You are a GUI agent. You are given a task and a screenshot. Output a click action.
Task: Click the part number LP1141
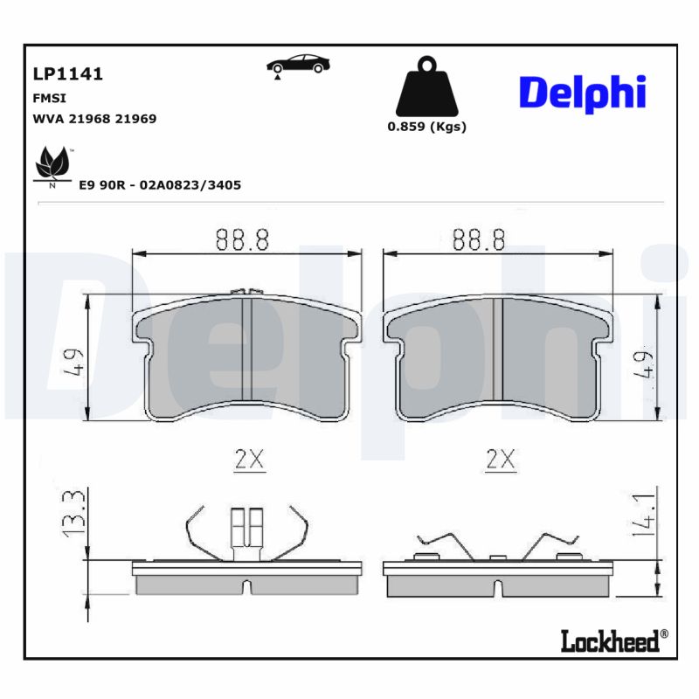coord(67,74)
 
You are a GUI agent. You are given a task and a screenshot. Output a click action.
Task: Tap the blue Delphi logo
coord(582,93)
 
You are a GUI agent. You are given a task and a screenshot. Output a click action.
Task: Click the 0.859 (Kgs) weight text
coord(426,127)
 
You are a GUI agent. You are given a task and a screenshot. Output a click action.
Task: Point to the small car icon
coord(297,65)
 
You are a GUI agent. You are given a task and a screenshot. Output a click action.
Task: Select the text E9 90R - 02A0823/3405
coord(160,185)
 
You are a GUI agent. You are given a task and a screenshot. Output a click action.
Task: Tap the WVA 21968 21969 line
coord(94,119)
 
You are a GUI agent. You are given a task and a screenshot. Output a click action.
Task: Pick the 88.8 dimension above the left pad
coord(242,240)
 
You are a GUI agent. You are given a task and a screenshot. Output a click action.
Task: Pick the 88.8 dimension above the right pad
coord(479,240)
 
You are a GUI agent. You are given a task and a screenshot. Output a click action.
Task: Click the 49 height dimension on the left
coord(73,360)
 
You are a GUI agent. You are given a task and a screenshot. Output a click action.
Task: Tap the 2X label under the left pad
coord(249,459)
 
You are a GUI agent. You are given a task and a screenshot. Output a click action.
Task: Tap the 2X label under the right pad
coord(501,459)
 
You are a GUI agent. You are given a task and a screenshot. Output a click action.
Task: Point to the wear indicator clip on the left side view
coord(246,531)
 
